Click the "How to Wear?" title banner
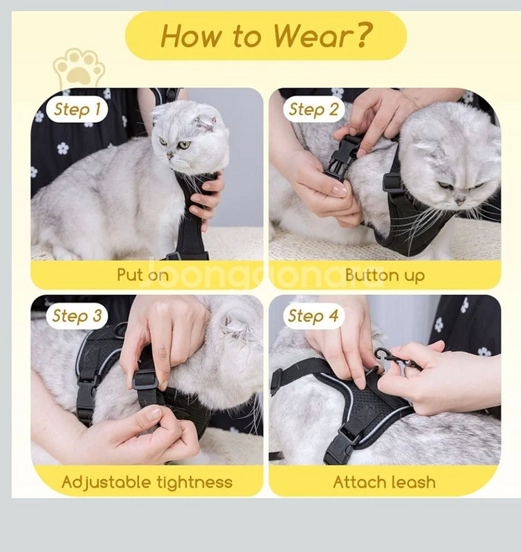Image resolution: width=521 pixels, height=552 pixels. point(266,35)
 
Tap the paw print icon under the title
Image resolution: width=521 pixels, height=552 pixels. point(79,68)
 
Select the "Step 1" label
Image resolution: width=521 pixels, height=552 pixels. point(77,109)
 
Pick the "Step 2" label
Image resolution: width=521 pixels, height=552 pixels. point(313,109)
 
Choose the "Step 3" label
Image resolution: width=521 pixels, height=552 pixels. point(77,316)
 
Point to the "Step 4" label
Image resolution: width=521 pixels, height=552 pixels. point(313,316)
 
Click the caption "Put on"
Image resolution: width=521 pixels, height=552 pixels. point(142,275)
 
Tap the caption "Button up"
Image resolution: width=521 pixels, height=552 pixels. point(385,275)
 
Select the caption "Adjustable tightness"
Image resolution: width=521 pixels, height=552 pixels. point(147,482)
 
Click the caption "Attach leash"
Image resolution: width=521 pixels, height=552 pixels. point(384,482)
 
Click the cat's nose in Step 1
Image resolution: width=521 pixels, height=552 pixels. point(169,155)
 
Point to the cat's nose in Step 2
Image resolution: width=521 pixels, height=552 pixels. point(460,202)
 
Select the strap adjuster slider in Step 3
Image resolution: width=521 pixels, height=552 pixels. point(144,380)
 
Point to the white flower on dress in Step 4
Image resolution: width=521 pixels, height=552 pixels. point(438,324)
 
